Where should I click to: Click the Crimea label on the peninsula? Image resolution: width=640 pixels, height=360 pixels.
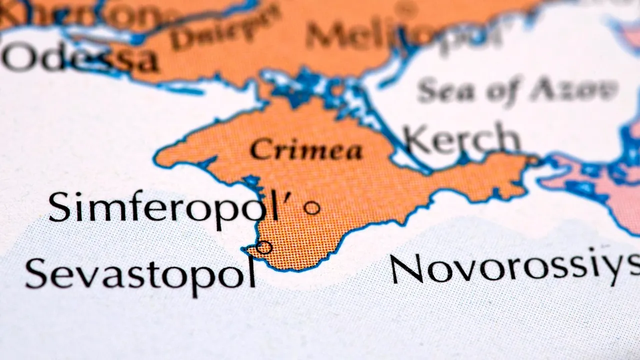(x=306, y=149)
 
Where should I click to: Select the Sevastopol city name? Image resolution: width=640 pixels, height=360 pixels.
(x=140, y=273)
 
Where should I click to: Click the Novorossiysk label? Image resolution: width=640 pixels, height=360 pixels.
(x=515, y=268)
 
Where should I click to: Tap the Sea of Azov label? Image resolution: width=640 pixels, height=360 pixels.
(x=517, y=90)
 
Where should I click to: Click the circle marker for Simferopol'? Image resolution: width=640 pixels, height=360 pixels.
(x=312, y=207)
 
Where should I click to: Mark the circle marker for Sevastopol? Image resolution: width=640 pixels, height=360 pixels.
(x=263, y=247)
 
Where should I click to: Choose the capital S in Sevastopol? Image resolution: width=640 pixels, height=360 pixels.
(x=36, y=273)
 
